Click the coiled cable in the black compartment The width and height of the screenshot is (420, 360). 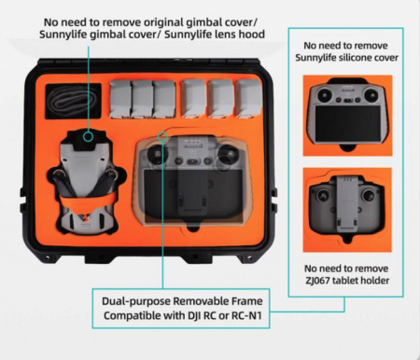74,101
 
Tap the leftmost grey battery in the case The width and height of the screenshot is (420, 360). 120,99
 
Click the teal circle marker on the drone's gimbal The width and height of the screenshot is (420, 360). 89,136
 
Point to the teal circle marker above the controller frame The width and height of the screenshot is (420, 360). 162,136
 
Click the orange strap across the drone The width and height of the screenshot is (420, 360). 88,200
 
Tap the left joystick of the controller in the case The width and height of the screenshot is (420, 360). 157,153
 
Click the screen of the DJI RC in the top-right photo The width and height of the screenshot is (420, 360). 347,123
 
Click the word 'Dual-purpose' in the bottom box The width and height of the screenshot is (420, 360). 136,301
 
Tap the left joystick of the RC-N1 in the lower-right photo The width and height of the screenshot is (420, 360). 323,196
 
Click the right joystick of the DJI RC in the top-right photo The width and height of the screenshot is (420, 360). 371,93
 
